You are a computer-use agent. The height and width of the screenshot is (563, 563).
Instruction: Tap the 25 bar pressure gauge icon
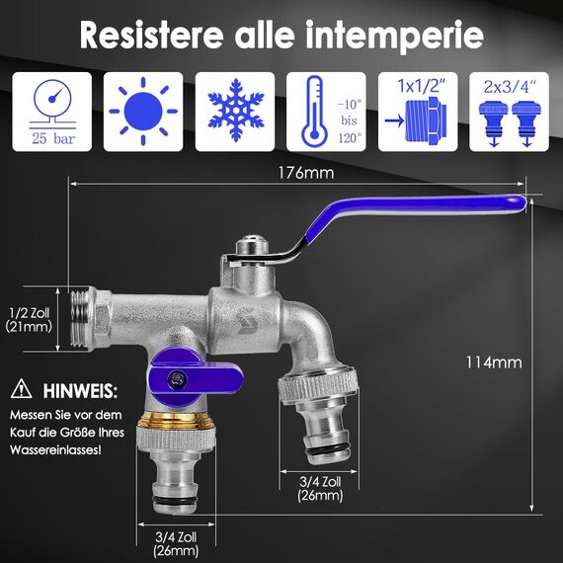[x=51, y=111]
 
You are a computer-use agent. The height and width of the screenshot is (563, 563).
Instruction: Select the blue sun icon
[x=143, y=111]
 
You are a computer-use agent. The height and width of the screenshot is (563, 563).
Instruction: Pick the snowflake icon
[x=235, y=111]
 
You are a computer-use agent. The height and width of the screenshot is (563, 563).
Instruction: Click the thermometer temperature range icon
[x=326, y=111]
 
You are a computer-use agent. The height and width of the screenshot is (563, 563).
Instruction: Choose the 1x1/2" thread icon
[x=418, y=111]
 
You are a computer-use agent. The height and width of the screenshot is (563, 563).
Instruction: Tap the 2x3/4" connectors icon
[x=510, y=111]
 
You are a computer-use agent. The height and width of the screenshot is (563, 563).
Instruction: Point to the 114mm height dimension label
[x=494, y=362]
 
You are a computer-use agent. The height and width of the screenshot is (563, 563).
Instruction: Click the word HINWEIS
[x=80, y=390]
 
